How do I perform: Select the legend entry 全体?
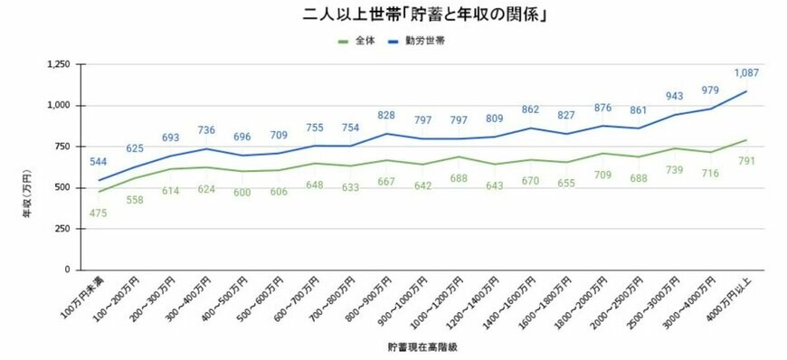pos(365,41)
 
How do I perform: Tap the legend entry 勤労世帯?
pos(425,41)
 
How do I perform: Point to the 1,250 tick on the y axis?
pos(58,64)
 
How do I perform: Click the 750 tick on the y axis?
pos(63,147)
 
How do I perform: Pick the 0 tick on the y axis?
pos(70,270)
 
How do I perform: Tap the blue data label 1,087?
pos(746,72)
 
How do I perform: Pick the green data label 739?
pos(670,170)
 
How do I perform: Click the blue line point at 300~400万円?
pos(209,148)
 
